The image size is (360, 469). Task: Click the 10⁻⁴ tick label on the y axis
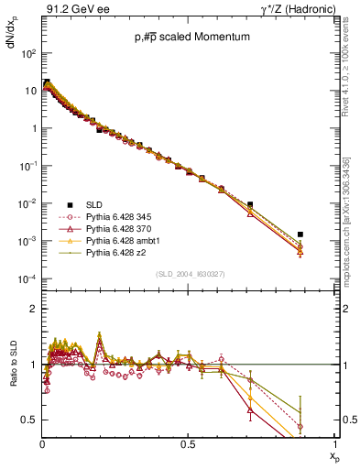pos(27,278)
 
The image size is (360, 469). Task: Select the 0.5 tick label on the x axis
pos(187,443)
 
